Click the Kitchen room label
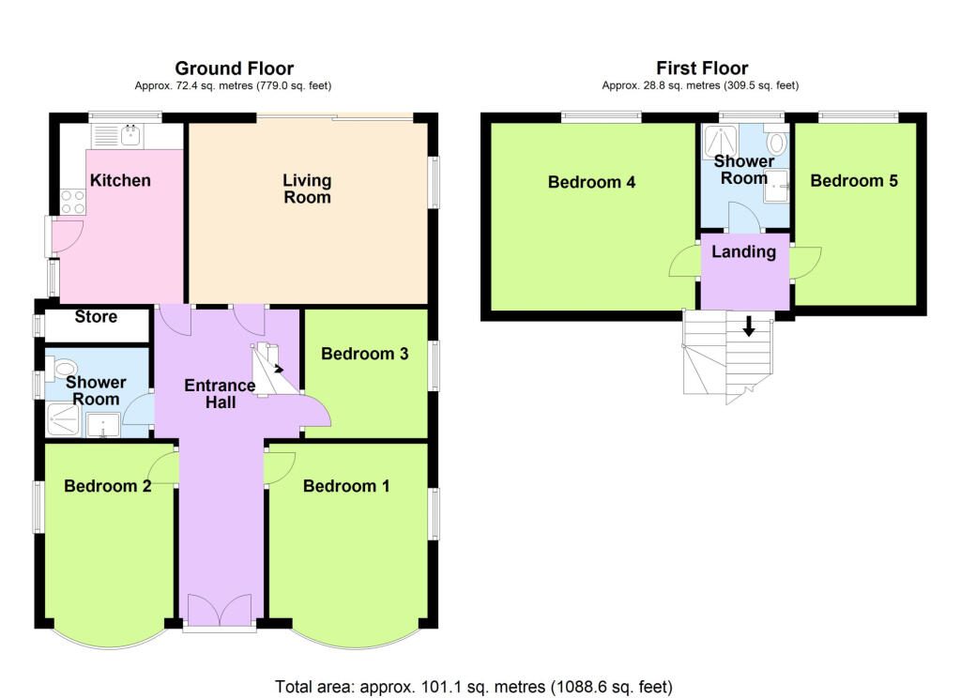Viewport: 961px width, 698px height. coord(120,180)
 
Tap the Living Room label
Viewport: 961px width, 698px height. coord(307,189)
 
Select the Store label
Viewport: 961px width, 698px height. coord(96,316)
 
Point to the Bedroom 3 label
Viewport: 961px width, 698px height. coord(365,354)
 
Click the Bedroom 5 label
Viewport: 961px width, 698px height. coord(854,181)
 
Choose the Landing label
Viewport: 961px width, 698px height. coord(743,251)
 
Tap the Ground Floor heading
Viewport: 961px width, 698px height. coord(234,68)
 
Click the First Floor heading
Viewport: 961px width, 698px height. coord(702,68)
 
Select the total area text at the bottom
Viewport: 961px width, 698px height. coord(474,687)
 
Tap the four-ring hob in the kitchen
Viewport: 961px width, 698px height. coord(73,202)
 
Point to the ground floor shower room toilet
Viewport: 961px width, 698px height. coord(63,369)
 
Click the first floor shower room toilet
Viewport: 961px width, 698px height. coord(776,142)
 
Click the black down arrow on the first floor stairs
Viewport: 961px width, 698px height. coord(748,326)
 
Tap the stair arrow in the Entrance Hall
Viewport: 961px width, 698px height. coord(278,369)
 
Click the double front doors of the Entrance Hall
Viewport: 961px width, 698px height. coord(220,609)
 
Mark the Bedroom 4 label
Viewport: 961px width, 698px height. coord(591,182)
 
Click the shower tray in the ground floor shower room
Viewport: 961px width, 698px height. coord(63,419)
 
